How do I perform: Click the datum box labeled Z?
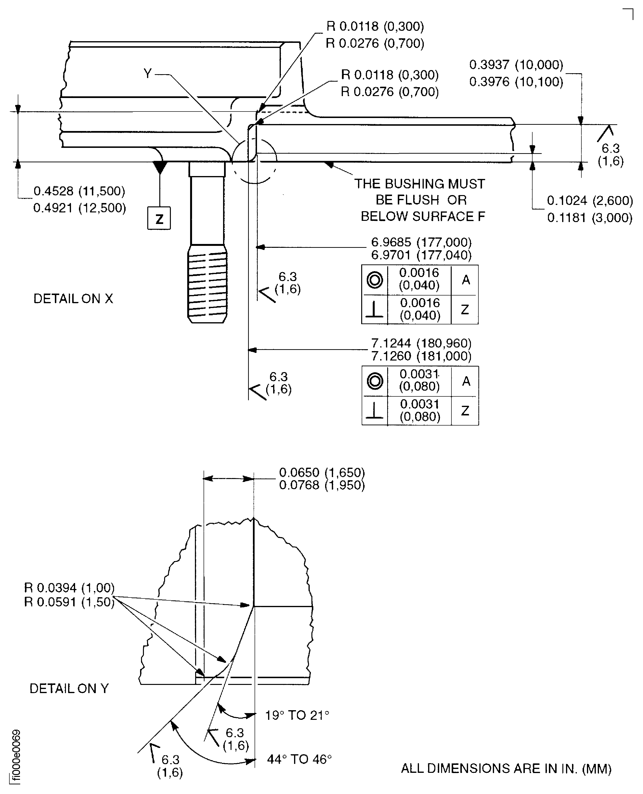159,218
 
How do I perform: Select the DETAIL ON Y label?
69,688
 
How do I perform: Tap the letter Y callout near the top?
148,74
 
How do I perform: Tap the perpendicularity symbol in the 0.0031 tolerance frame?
374,411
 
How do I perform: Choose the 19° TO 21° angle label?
297,715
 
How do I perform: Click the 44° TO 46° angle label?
299,760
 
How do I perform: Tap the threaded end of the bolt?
207,284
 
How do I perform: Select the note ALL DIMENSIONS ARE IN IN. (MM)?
506,768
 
